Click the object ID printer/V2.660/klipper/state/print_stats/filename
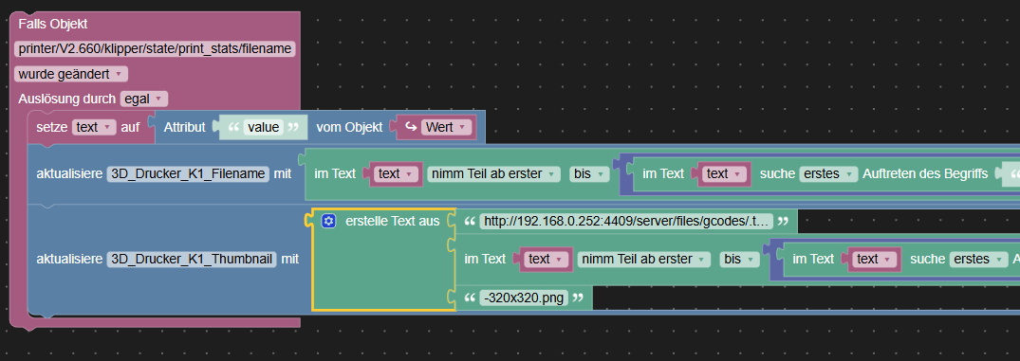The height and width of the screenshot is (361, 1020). tap(156, 48)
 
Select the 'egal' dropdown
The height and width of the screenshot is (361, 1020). tap(144, 99)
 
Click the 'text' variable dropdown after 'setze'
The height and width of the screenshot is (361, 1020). tap(94, 127)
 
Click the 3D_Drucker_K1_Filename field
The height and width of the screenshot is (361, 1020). tap(188, 174)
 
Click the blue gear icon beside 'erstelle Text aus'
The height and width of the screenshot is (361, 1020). tap(328, 221)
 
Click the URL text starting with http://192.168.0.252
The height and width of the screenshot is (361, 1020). tap(626, 222)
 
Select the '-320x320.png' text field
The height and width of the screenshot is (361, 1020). tap(524, 298)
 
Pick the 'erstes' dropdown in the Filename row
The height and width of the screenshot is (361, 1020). tap(827, 174)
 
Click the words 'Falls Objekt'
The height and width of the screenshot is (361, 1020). tap(53, 24)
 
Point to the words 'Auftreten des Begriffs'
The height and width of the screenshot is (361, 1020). tap(926, 174)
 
